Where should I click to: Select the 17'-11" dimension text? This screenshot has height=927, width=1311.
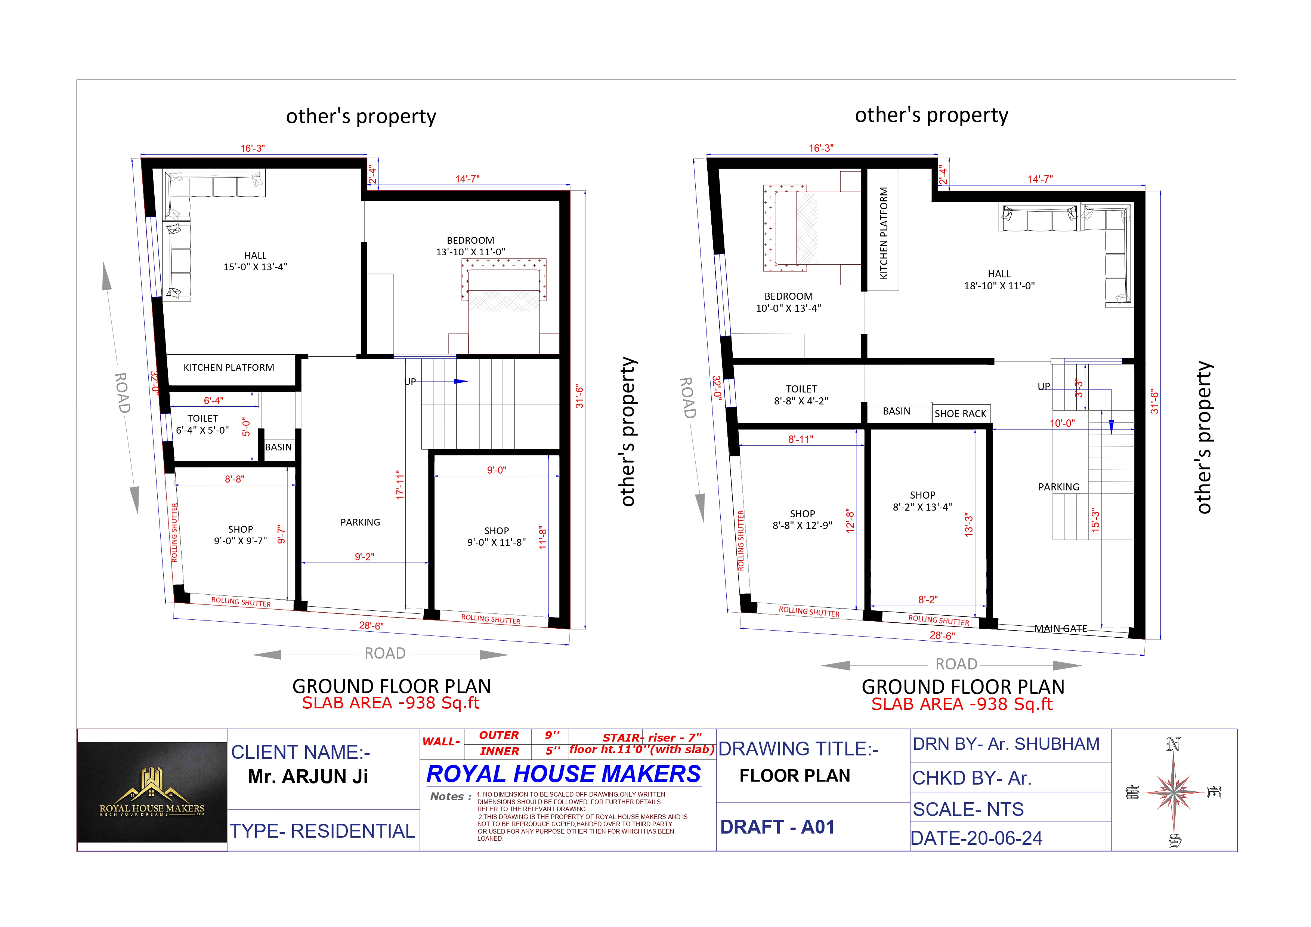(400, 486)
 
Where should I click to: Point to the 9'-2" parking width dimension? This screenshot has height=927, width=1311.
(364, 556)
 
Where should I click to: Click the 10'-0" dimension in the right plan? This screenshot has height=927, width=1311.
(1062, 423)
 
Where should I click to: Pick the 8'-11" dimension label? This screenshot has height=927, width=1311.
(801, 439)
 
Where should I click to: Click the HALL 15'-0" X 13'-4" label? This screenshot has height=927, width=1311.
(255, 261)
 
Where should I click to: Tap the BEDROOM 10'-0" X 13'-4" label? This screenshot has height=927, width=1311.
(789, 302)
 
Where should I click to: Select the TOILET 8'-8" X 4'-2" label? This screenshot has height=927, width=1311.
(801, 395)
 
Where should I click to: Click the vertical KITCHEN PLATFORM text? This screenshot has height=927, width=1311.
(883, 233)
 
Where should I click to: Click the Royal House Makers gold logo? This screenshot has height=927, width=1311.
(152, 792)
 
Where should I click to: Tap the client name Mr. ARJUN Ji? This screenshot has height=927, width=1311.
(308, 776)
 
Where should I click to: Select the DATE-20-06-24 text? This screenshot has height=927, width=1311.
(976, 838)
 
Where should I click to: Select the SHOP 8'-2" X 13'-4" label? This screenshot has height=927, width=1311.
(923, 501)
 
